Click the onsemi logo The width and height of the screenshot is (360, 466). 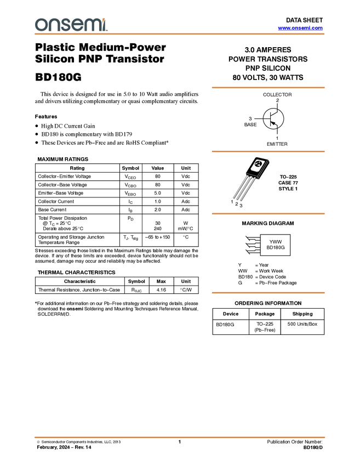coord(71,24)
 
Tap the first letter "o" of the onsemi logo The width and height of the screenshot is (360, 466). coord(40,25)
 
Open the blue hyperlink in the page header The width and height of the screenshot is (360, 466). coord(300,28)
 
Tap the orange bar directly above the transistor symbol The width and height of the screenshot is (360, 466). coord(268,87)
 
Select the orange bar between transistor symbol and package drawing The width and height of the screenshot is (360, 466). coord(268,151)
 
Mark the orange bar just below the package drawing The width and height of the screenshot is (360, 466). coord(268,213)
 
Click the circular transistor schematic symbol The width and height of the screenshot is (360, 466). coord(273,118)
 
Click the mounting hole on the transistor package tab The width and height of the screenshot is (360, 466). coord(258,164)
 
